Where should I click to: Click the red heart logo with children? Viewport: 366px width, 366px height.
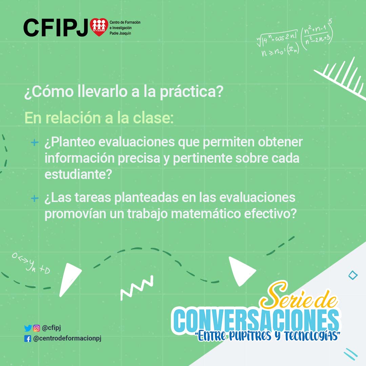[x=99, y=27]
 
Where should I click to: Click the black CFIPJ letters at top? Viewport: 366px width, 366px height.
[x=56, y=28]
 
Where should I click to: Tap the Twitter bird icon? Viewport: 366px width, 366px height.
[x=28, y=328]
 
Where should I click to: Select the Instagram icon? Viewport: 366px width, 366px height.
[x=36, y=328]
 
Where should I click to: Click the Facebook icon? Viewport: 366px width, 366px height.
[x=27, y=339]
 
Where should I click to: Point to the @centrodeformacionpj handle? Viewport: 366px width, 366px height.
[x=67, y=339]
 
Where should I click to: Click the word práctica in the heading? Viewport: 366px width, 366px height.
[x=191, y=91]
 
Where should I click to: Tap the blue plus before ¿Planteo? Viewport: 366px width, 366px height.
[x=35, y=142]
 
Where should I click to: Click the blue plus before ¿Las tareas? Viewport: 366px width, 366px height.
[x=35, y=198]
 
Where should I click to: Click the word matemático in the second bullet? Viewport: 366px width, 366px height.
[x=206, y=213]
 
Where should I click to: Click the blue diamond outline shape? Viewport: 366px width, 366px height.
[x=353, y=275]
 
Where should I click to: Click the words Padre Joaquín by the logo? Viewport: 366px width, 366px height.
[x=120, y=33]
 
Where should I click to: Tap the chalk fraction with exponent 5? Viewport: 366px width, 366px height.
[x=318, y=35]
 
